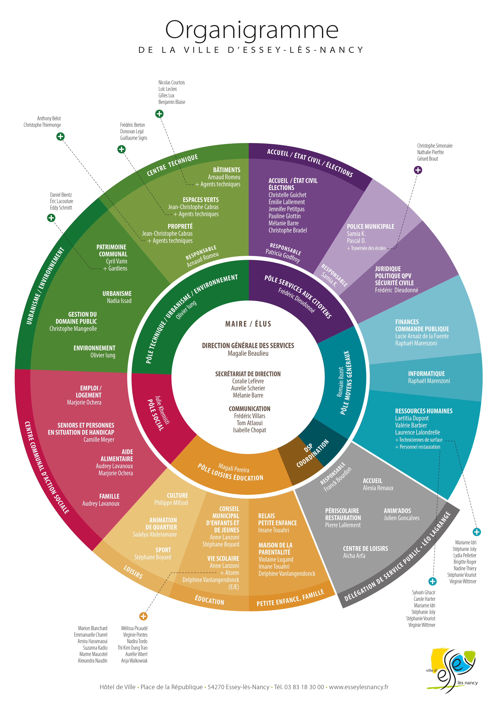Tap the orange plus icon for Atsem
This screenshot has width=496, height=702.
143,616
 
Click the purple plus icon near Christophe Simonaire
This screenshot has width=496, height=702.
418,170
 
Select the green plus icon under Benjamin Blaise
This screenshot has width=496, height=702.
159,114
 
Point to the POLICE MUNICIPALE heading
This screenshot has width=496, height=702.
370,227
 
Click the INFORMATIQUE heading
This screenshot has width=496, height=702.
426,374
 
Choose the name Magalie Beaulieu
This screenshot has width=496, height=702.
248,353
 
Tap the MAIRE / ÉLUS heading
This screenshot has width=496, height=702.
248,324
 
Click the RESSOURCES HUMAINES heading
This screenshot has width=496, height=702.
424,411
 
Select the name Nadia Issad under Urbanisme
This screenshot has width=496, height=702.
119,301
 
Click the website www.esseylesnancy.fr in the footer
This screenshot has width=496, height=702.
359,687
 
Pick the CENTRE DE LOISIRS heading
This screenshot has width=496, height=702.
365,548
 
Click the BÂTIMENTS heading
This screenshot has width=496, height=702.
227,170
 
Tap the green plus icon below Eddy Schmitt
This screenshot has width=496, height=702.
51,218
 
